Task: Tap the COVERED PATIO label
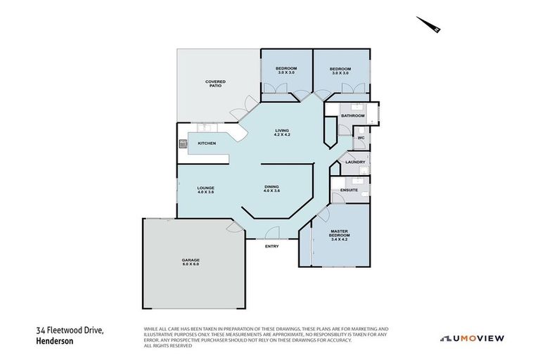[215, 83]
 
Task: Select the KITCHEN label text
[206, 143]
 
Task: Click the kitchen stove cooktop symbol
[183, 145]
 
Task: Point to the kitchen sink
[207, 129]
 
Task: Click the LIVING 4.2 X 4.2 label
[282, 132]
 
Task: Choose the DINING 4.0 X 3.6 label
[272, 188]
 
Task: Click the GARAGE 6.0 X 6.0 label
[191, 262]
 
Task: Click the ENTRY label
[271, 246]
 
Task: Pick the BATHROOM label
[352, 115]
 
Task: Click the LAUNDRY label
[355, 162]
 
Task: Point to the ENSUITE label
[349, 190]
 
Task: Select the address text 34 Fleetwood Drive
[70, 330]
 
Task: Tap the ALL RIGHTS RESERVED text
[167, 345]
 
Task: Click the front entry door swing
[274, 234]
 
